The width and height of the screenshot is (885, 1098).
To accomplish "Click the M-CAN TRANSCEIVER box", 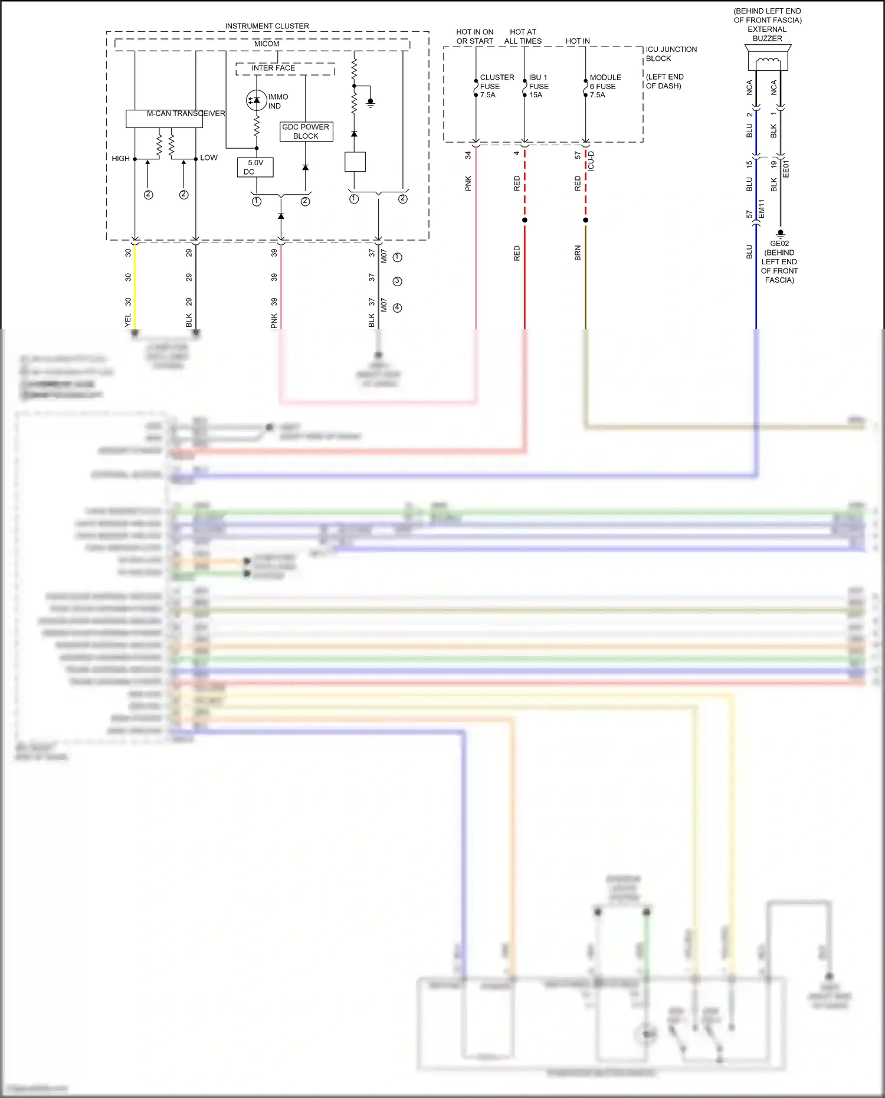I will click(x=164, y=119).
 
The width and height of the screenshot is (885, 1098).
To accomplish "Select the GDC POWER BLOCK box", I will click(x=306, y=132).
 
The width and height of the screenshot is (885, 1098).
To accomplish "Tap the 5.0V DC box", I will click(x=255, y=168).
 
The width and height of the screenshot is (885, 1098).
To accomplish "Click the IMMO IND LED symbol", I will click(x=256, y=100).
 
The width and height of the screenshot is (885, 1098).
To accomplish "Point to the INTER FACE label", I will click(x=273, y=68).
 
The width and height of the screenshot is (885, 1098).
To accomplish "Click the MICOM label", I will click(x=267, y=44).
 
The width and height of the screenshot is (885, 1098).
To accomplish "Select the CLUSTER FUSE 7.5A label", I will click(x=496, y=86).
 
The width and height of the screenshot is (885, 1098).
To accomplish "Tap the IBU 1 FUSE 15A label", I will click(x=539, y=86).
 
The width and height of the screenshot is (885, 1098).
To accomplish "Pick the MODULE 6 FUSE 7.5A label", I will click(x=605, y=86).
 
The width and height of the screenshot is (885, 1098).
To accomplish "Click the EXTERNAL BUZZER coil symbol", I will click(x=768, y=61).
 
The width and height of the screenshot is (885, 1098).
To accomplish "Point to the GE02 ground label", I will click(x=779, y=244).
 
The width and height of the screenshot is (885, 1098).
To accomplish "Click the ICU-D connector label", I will click(x=591, y=161).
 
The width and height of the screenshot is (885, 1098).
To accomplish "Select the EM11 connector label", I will click(x=762, y=209).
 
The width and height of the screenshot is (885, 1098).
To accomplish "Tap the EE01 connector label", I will click(x=786, y=169).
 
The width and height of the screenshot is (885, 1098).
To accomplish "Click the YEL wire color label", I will click(x=128, y=320).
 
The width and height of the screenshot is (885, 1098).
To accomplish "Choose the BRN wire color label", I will click(x=578, y=253).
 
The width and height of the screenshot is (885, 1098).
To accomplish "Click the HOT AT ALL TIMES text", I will click(x=523, y=37).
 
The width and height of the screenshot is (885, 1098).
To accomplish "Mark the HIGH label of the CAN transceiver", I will click(x=120, y=159).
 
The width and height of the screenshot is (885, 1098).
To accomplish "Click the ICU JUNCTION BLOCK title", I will click(x=671, y=54).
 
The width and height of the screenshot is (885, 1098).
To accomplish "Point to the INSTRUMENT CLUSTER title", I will click(x=267, y=27).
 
